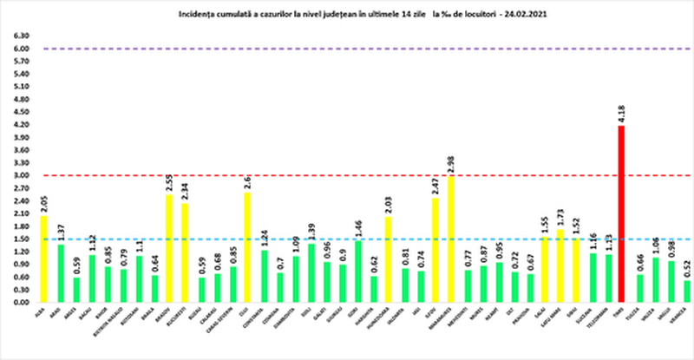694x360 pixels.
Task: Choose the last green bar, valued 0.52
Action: click(x=687, y=291)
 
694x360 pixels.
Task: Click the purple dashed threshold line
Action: click(x=347, y=49)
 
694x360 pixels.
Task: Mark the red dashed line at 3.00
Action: click(x=347, y=175)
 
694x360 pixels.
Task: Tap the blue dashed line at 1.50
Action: click(x=347, y=239)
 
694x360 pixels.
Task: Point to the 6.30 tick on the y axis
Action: click(x=18, y=36)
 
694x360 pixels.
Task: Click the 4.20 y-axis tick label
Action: click(x=18, y=125)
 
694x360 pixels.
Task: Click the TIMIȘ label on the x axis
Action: click(x=619, y=314)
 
